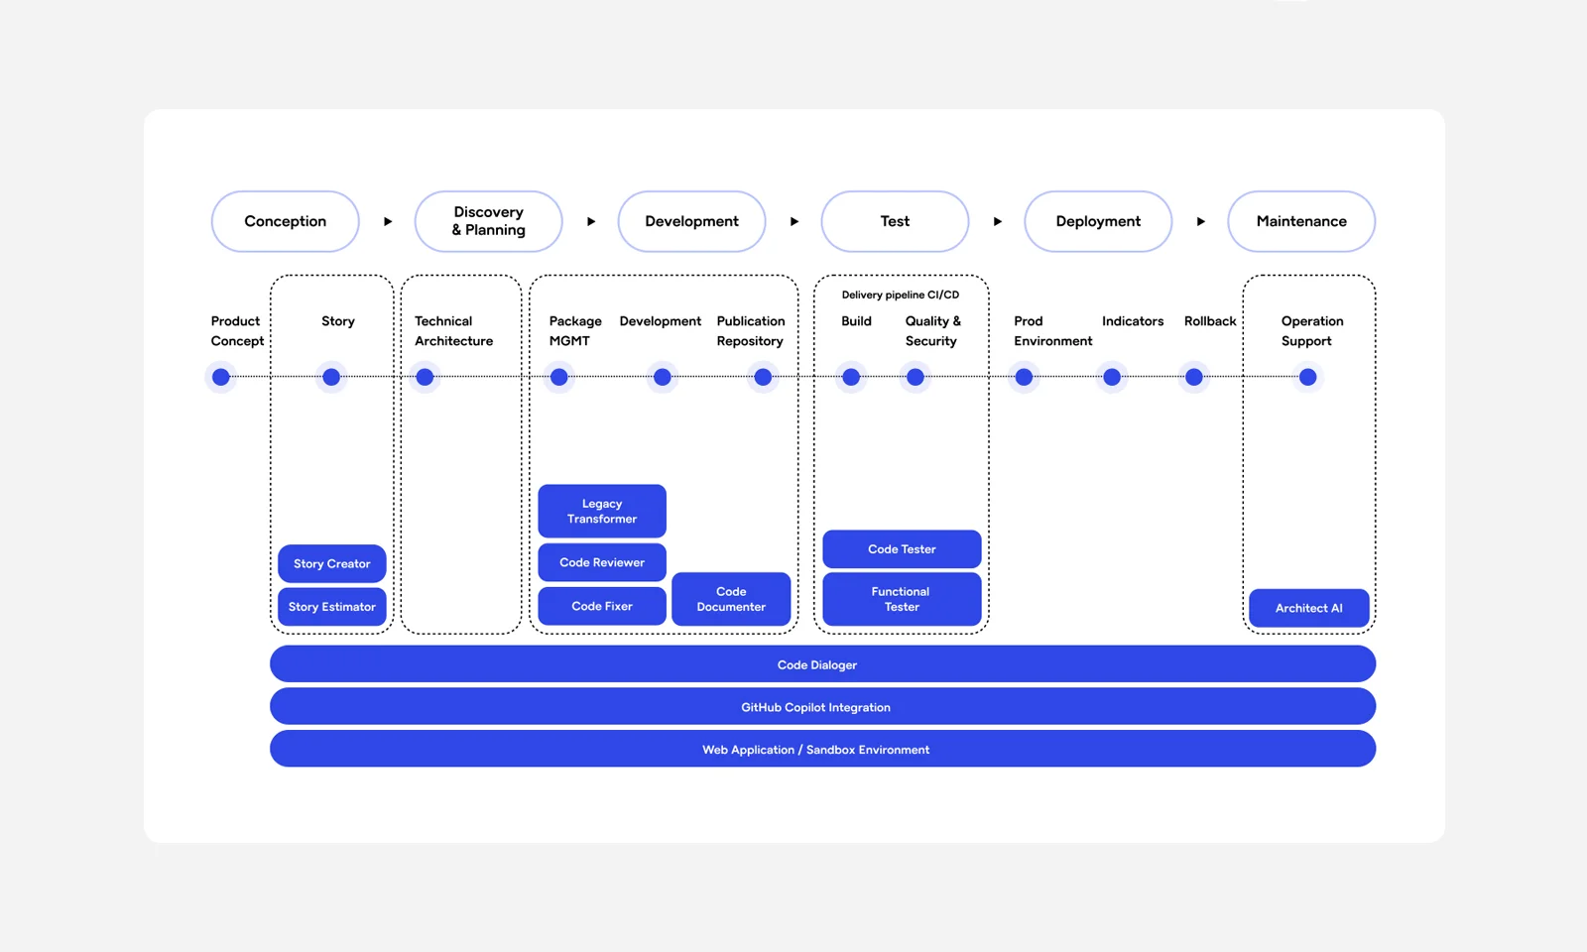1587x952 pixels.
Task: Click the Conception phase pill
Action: [286, 221]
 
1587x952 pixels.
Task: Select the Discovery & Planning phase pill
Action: [488, 221]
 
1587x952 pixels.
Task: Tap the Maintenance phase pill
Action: [1300, 221]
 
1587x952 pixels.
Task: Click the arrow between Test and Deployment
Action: [997, 221]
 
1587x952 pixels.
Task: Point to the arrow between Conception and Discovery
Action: [388, 221]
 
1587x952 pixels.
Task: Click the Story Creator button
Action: [331, 563]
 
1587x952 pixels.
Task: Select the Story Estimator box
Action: [331, 606]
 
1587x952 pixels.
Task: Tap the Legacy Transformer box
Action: [602, 511]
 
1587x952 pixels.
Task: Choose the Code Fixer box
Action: [602, 606]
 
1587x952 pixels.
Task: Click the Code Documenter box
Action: [731, 599]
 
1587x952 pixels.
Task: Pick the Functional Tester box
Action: [902, 599]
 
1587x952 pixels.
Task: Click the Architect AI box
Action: [1308, 608]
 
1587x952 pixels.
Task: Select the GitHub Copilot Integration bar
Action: [822, 707]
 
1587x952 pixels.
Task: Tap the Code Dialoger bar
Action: [822, 664]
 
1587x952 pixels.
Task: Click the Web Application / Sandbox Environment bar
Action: [822, 750]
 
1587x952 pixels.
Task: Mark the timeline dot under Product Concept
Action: [221, 377]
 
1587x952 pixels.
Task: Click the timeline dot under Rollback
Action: [1194, 377]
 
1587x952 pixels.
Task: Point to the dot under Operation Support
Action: [1307, 377]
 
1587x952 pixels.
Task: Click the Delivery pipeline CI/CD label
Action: [901, 295]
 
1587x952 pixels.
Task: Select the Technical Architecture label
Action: [453, 331]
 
